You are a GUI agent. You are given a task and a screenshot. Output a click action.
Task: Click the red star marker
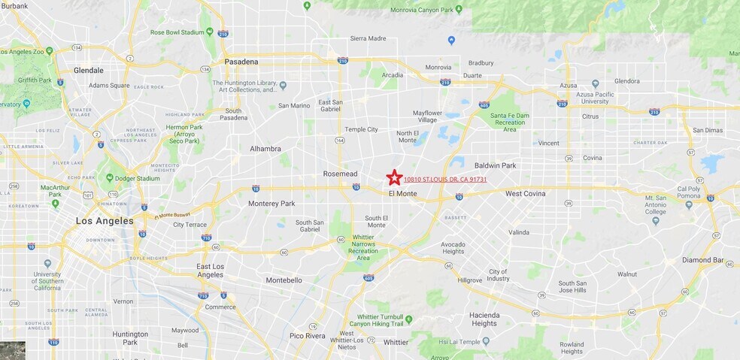394,177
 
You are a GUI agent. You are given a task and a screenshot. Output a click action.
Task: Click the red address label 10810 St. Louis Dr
445,180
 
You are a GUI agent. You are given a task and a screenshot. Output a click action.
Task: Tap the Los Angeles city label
105,221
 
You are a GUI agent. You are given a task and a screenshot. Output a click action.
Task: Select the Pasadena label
241,62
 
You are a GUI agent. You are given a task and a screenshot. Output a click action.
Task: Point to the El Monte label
402,194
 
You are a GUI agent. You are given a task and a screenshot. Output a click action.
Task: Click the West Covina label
524,194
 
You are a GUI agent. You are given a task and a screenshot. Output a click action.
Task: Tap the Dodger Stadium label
138,178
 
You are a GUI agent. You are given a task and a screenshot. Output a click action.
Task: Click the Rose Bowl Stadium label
177,32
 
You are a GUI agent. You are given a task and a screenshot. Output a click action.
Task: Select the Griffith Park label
32,80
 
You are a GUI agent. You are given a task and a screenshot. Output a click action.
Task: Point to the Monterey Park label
271,204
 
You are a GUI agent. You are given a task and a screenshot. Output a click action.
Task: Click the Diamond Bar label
702,260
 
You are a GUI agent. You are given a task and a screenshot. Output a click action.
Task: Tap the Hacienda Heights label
484,319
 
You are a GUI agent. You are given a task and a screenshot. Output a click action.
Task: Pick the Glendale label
89,71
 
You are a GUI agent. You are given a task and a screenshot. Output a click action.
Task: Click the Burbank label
14,6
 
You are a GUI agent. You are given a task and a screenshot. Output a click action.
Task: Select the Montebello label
284,280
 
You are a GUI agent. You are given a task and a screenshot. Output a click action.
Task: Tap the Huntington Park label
130,337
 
